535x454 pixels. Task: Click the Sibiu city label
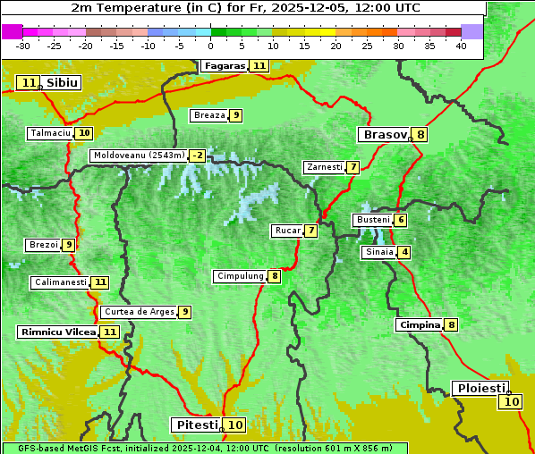[x=62, y=83]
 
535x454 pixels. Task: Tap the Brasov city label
[x=384, y=135]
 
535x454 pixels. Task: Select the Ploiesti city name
[x=481, y=388]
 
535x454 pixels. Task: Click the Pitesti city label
[x=195, y=425]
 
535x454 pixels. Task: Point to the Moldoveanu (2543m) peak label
[x=139, y=156]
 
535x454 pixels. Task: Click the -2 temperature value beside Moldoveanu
[x=197, y=156]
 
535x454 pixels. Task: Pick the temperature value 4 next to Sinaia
[x=405, y=252]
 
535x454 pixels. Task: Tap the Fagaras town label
[x=224, y=65]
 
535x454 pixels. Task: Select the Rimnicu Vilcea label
[x=57, y=332]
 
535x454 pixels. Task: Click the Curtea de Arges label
[x=138, y=312]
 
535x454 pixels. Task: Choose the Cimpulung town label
[x=240, y=276]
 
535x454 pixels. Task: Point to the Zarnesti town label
[x=324, y=167]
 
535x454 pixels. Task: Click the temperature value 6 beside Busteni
[x=401, y=220]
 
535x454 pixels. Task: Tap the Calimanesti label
[x=60, y=282]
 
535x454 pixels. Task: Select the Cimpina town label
[x=420, y=324]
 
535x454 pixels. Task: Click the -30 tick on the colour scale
[x=23, y=46]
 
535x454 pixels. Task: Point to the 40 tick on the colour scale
[x=461, y=46]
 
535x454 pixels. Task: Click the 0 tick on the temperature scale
[x=211, y=46]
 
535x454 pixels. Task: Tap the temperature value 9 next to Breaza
[x=235, y=115]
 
